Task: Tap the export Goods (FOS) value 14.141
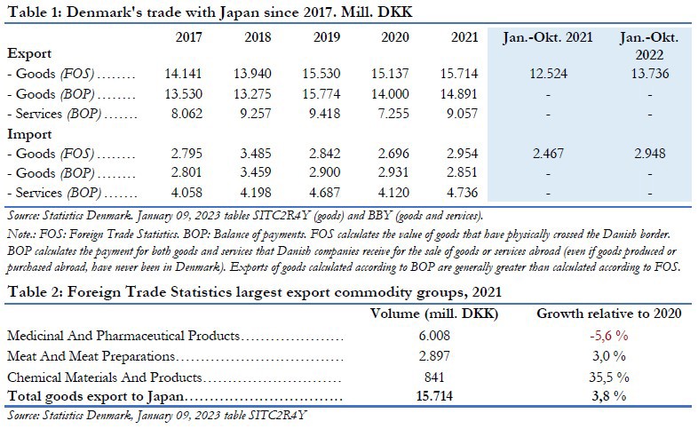[x=187, y=75]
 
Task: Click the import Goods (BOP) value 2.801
[x=187, y=173]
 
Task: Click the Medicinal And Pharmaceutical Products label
[x=123, y=337]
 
